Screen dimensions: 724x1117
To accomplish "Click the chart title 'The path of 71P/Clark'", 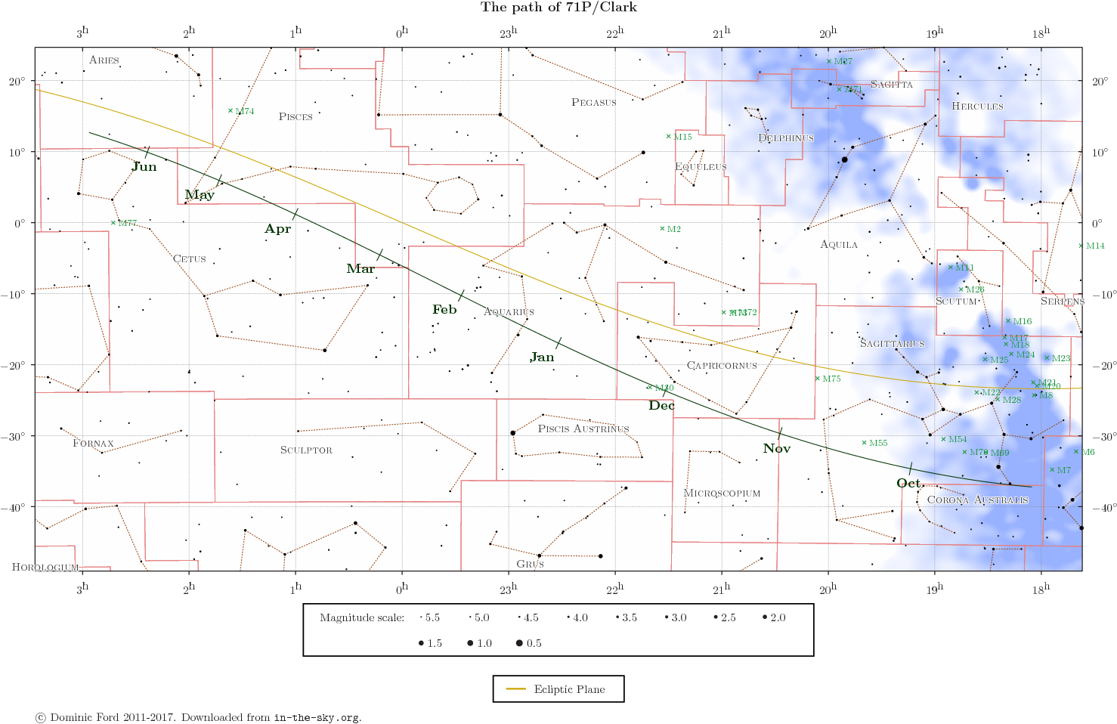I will (558, 8).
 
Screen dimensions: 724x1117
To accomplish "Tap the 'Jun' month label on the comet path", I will (144, 167).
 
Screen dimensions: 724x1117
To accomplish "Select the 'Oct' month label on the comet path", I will (909, 484).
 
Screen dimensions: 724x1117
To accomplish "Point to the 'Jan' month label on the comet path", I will (542, 357).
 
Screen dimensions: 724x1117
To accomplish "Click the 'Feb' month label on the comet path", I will (444, 310).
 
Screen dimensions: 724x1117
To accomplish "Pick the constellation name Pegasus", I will (593, 103).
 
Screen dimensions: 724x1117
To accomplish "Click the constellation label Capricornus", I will (721, 366).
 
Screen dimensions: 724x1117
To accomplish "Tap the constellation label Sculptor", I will (306, 450).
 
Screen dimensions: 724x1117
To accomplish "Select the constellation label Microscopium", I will (722, 493).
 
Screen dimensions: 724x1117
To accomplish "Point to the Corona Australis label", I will (977, 500).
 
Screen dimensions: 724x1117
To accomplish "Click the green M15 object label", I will (682, 138).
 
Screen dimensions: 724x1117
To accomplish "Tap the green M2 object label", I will (673, 230).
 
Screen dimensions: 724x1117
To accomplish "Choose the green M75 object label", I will (831, 379).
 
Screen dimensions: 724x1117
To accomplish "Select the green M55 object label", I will (877, 444).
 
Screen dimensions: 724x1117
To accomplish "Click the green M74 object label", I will (244, 112).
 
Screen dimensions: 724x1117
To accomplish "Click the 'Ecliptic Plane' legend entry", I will (569, 689).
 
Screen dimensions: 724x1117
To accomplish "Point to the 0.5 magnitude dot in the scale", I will (519, 643).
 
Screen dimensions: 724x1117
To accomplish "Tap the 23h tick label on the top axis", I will (509, 33).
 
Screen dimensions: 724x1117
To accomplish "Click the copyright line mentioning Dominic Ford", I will (198, 717).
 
